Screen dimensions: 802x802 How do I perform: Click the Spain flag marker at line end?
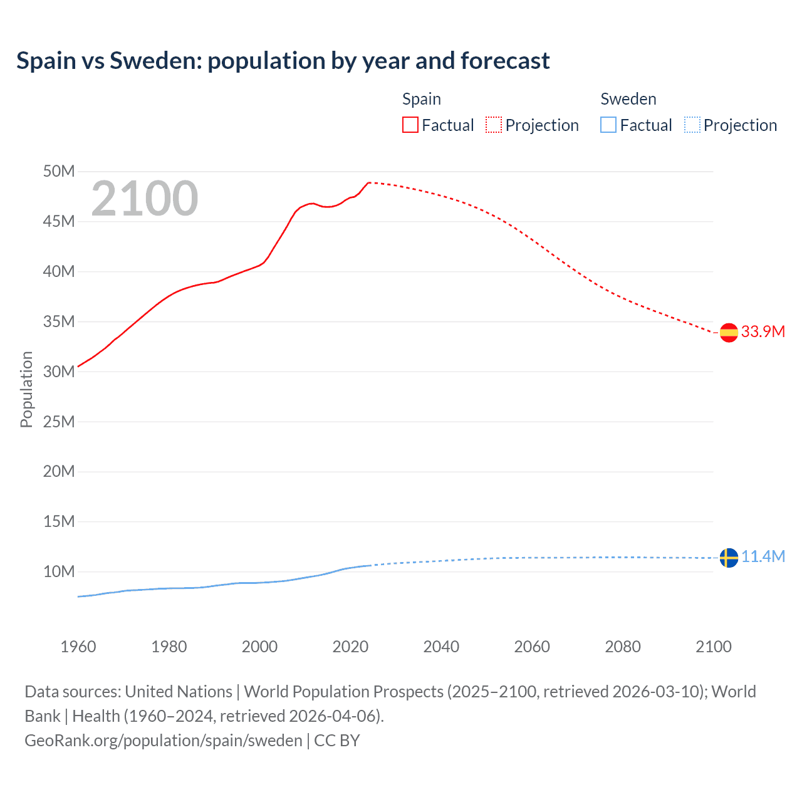tap(728, 332)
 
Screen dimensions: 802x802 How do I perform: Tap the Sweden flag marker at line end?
tap(728, 557)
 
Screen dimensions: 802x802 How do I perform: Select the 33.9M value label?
tap(763, 331)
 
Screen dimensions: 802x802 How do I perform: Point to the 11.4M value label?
tap(763, 556)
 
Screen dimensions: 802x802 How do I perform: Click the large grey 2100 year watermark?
tap(145, 199)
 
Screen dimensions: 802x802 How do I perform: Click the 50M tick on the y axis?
tap(58, 172)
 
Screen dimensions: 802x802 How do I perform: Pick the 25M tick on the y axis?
tap(58, 422)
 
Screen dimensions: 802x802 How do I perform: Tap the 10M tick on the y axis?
tap(58, 571)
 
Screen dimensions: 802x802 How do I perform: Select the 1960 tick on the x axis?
tap(78, 647)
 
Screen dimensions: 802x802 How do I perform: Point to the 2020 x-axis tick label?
tap(350, 647)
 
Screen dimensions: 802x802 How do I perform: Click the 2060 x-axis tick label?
tap(532, 647)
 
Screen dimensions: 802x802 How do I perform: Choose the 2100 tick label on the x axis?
tap(713, 647)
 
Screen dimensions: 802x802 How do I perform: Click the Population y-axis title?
tap(26, 389)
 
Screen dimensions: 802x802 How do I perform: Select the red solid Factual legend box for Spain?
tap(410, 125)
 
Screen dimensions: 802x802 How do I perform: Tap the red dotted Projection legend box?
tap(494, 125)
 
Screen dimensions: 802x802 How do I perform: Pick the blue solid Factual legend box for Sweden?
tap(608, 125)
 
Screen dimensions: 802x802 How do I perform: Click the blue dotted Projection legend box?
tap(692, 125)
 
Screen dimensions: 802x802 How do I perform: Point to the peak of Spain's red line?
tap(369, 182)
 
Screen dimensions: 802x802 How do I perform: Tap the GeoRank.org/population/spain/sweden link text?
tap(164, 741)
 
